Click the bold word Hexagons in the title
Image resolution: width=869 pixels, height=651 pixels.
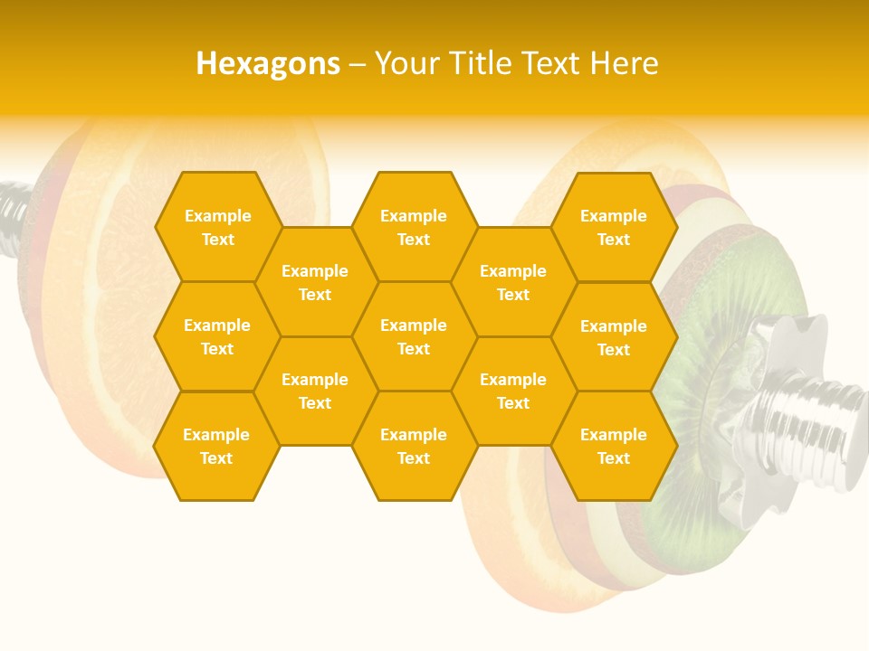tap(268, 63)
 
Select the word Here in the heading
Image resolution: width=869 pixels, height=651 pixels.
tap(624, 63)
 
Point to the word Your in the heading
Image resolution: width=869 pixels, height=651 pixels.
tap(406, 63)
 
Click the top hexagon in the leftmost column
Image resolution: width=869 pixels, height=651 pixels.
tap(217, 227)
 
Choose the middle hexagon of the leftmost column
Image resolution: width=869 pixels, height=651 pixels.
tap(217, 336)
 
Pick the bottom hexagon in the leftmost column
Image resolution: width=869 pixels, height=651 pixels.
tap(216, 446)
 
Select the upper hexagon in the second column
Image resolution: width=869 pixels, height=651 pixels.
tap(315, 282)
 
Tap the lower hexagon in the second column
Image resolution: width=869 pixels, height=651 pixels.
tap(315, 391)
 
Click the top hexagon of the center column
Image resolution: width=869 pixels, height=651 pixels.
tap(414, 227)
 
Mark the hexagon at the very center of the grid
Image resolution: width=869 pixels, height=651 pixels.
tap(414, 336)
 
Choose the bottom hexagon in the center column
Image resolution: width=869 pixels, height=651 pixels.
tap(414, 446)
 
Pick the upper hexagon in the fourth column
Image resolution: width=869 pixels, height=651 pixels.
tap(513, 282)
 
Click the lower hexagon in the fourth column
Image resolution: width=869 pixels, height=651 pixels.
tap(513, 391)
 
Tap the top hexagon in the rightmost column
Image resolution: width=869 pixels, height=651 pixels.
tap(614, 227)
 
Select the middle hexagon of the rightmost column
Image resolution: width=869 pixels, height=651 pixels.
tap(614, 337)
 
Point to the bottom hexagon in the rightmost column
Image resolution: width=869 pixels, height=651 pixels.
tap(614, 446)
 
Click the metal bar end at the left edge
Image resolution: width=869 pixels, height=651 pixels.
tap(11, 217)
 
